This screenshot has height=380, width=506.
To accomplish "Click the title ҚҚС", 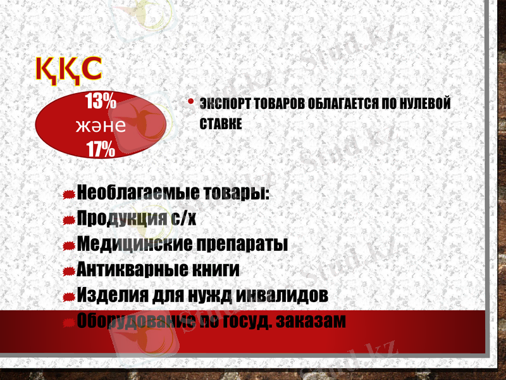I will (x=68, y=69).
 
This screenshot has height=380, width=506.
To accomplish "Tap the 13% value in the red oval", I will (x=101, y=101).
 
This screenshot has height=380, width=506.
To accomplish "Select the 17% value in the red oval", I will (x=101, y=149).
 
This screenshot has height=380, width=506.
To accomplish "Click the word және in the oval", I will (x=100, y=125).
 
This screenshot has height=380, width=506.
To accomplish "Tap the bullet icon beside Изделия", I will (x=70, y=296).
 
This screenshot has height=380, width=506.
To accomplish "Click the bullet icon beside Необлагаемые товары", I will (x=70, y=193).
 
